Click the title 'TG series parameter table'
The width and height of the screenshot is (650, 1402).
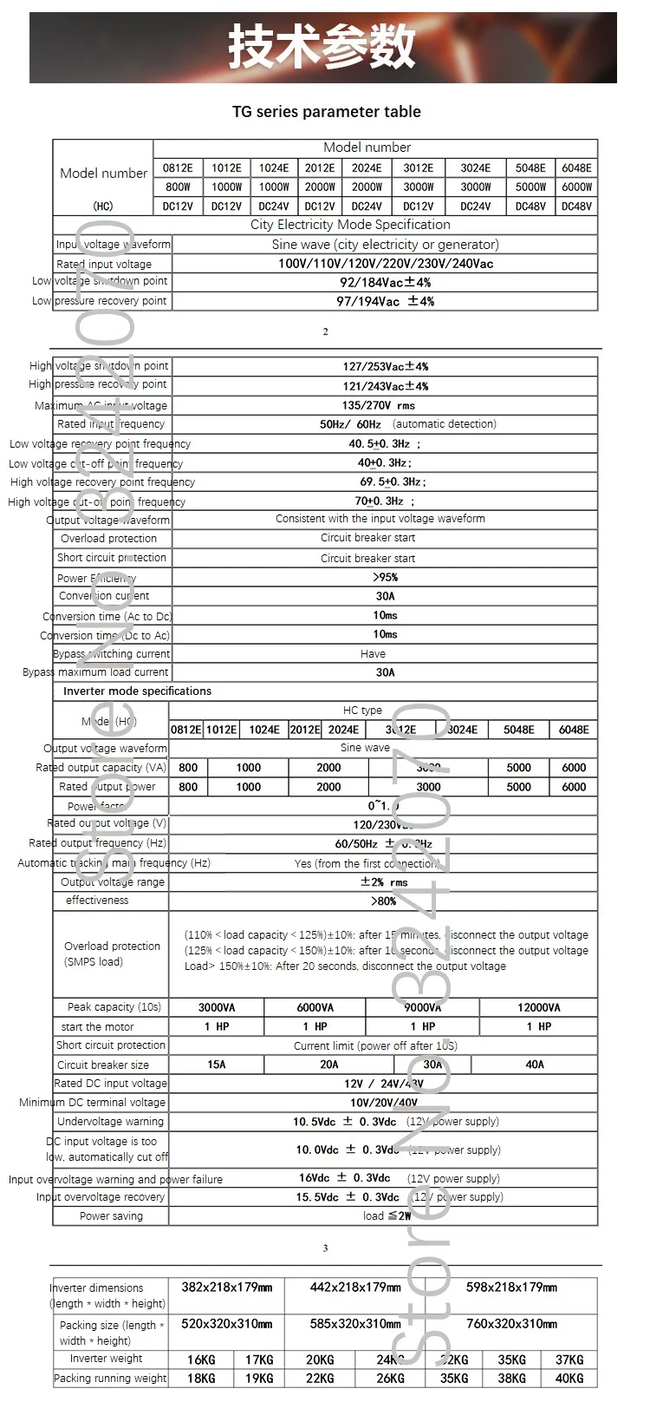[x=326, y=112]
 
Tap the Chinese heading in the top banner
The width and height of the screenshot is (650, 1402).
[x=322, y=48]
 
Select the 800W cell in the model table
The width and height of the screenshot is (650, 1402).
[x=178, y=187]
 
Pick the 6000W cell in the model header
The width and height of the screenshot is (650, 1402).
[x=576, y=187]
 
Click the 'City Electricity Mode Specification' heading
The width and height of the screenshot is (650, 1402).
[x=350, y=225]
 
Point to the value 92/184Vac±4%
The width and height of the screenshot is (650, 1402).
[x=385, y=282]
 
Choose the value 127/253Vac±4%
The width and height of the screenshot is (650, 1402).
[x=385, y=366]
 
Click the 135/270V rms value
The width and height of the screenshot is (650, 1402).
[x=379, y=405]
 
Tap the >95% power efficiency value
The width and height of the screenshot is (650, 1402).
[x=385, y=577]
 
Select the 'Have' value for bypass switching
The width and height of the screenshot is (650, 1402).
[x=373, y=654]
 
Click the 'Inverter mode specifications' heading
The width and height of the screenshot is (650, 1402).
[x=137, y=691]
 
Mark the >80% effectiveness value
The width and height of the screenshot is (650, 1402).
[x=383, y=901]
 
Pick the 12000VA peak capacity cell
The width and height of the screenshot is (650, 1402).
[x=538, y=1007]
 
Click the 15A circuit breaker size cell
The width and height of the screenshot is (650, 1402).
[x=217, y=1065]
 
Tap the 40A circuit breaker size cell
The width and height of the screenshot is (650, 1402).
[x=535, y=1065]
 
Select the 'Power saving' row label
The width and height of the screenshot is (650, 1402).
[x=111, y=1216]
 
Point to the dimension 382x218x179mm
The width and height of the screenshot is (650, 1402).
[x=226, y=1287]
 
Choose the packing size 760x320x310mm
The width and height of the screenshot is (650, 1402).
[x=511, y=1324]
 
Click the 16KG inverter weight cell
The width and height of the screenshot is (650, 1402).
[x=201, y=1359]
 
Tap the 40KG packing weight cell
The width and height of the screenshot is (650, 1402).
[x=569, y=1378]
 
